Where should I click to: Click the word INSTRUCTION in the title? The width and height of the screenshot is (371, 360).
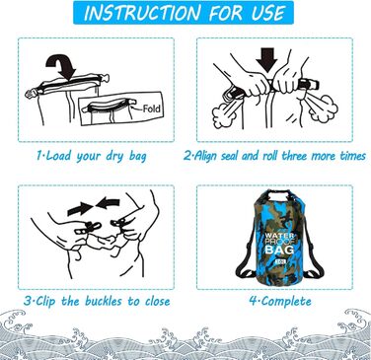(142, 13)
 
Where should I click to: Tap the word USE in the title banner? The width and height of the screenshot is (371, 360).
(268, 13)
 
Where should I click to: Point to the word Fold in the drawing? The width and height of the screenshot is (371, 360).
(152, 108)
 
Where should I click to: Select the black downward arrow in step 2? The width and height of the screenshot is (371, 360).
(266, 60)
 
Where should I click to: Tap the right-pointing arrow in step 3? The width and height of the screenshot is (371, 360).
(81, 208)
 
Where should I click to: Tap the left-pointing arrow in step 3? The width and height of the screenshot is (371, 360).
(109, 203)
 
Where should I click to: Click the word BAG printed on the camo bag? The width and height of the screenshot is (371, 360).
(279, 250)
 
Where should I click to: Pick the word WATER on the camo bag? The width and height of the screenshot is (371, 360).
(279, 236)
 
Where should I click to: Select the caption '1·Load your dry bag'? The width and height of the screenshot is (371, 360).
(91, 156)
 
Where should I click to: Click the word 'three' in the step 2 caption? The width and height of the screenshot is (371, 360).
(295, 155)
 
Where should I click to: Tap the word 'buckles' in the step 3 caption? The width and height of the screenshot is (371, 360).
(105, 301)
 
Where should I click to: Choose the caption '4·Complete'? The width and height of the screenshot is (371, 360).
(280, 301)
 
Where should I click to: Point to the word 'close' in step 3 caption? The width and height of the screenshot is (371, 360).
(157, 301)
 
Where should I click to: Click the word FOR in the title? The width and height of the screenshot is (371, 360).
(226, 13)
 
